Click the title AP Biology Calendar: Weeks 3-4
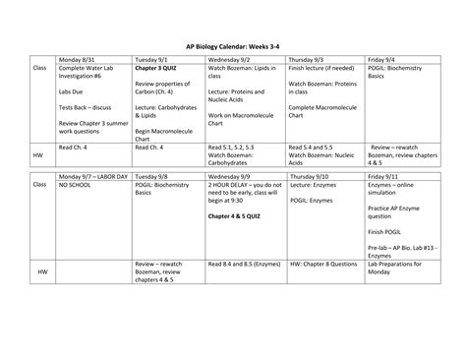tap(232, 45)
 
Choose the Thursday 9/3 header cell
tap(309, 58)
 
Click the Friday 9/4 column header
tap(382, 58)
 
